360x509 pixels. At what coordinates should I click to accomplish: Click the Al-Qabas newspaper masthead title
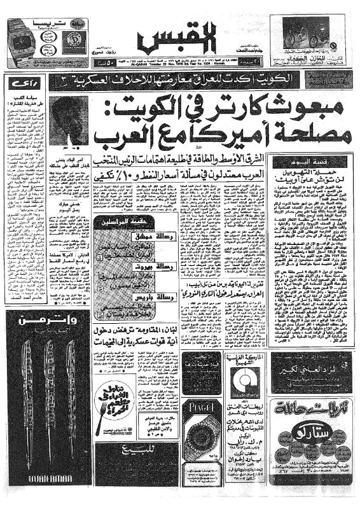coord(179,39)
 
